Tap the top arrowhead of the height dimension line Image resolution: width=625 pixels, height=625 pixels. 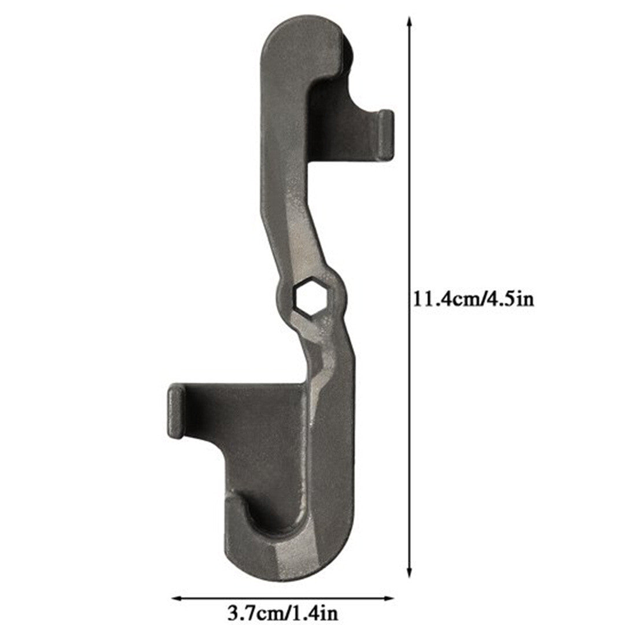tap(409, 21)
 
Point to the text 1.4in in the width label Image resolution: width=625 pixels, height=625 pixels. tap(314, 613)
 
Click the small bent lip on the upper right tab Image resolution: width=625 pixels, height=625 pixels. tap(386, 134)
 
